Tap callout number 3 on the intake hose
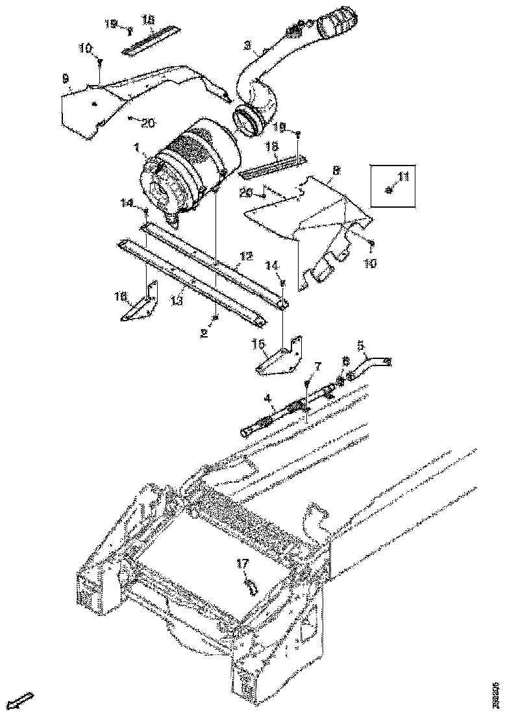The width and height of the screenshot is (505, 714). click(x=247, y=45)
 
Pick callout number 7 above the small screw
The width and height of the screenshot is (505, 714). click(x=317, y=367)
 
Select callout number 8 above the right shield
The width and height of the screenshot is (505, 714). click(x=336, y=171)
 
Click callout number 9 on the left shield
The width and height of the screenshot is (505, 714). click(x=66, y=78)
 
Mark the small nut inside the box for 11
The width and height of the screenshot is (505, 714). click(x=388, y=190)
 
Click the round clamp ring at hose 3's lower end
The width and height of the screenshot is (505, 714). click(x=247, y=121)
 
